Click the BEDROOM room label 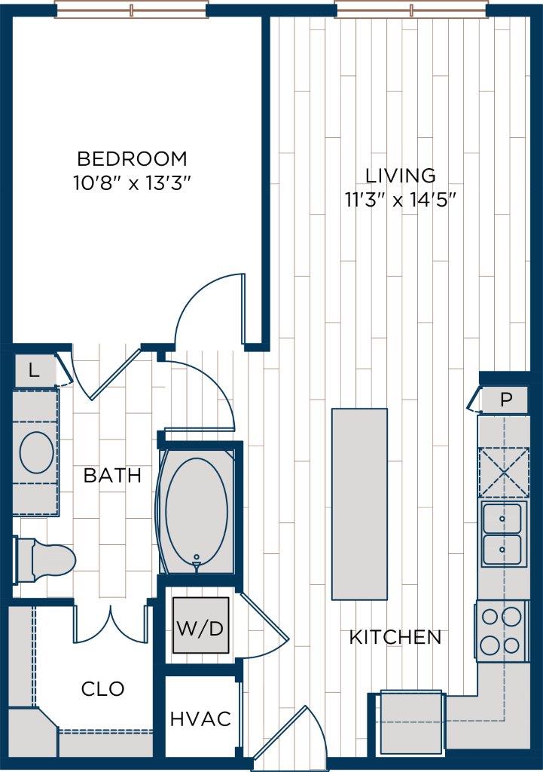(x=132, y=159)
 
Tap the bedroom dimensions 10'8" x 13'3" (x=132, y=184)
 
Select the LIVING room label (x=400, y=176)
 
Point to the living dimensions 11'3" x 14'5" (x=400, y=200)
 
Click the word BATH (x=112, y=476)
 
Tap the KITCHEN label (x=395, y=637)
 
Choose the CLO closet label (x=102, y=688)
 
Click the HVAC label (x=200, y=718)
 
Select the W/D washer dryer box (x=200, y=626)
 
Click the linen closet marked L (x=34, y=370)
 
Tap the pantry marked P (x=504, y=400)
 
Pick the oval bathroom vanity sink (x=36, y=453)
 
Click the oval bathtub (x=197, y=506)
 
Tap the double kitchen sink (x=504, y=533)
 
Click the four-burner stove (x=501, y=631)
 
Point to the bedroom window (x=131, y=10)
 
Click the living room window (x=411, y=10)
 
